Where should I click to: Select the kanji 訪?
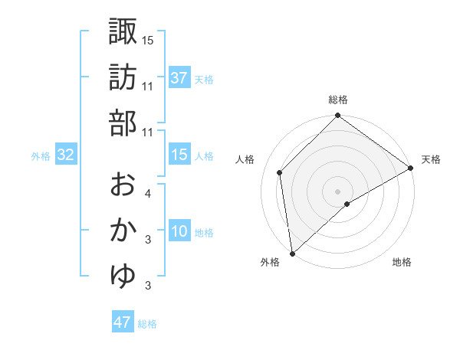point(123,77)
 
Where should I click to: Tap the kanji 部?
point(123,123)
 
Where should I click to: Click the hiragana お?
point(123,185)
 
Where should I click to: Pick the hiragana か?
point(123,231)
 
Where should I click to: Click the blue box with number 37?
point(179,77)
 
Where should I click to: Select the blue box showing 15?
point(179,155)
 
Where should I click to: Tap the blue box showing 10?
point(179,232)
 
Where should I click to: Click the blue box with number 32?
point(66,155)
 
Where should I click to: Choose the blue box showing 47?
point(123,322)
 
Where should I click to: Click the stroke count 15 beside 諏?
point(148,40)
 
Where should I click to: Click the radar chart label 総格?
point(337,100)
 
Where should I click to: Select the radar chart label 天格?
point(431,159)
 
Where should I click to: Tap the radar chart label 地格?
point(402,263)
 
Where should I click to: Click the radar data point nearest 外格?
point(292,253)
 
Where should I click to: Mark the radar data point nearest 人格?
point(280,172)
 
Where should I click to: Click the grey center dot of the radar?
point(337,191)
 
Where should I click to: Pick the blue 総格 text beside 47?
point(147,324)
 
